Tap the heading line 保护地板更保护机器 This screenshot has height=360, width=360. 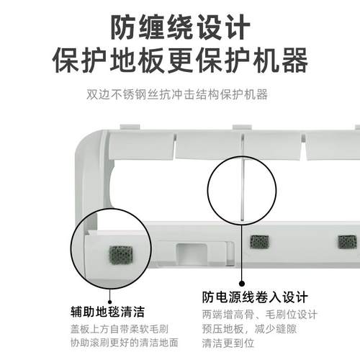pos(180,60)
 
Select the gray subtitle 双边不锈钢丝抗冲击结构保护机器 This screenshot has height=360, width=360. pos(180,95)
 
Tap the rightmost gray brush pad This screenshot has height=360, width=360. pos(348,242)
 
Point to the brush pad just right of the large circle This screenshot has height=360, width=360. pos(258,242)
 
